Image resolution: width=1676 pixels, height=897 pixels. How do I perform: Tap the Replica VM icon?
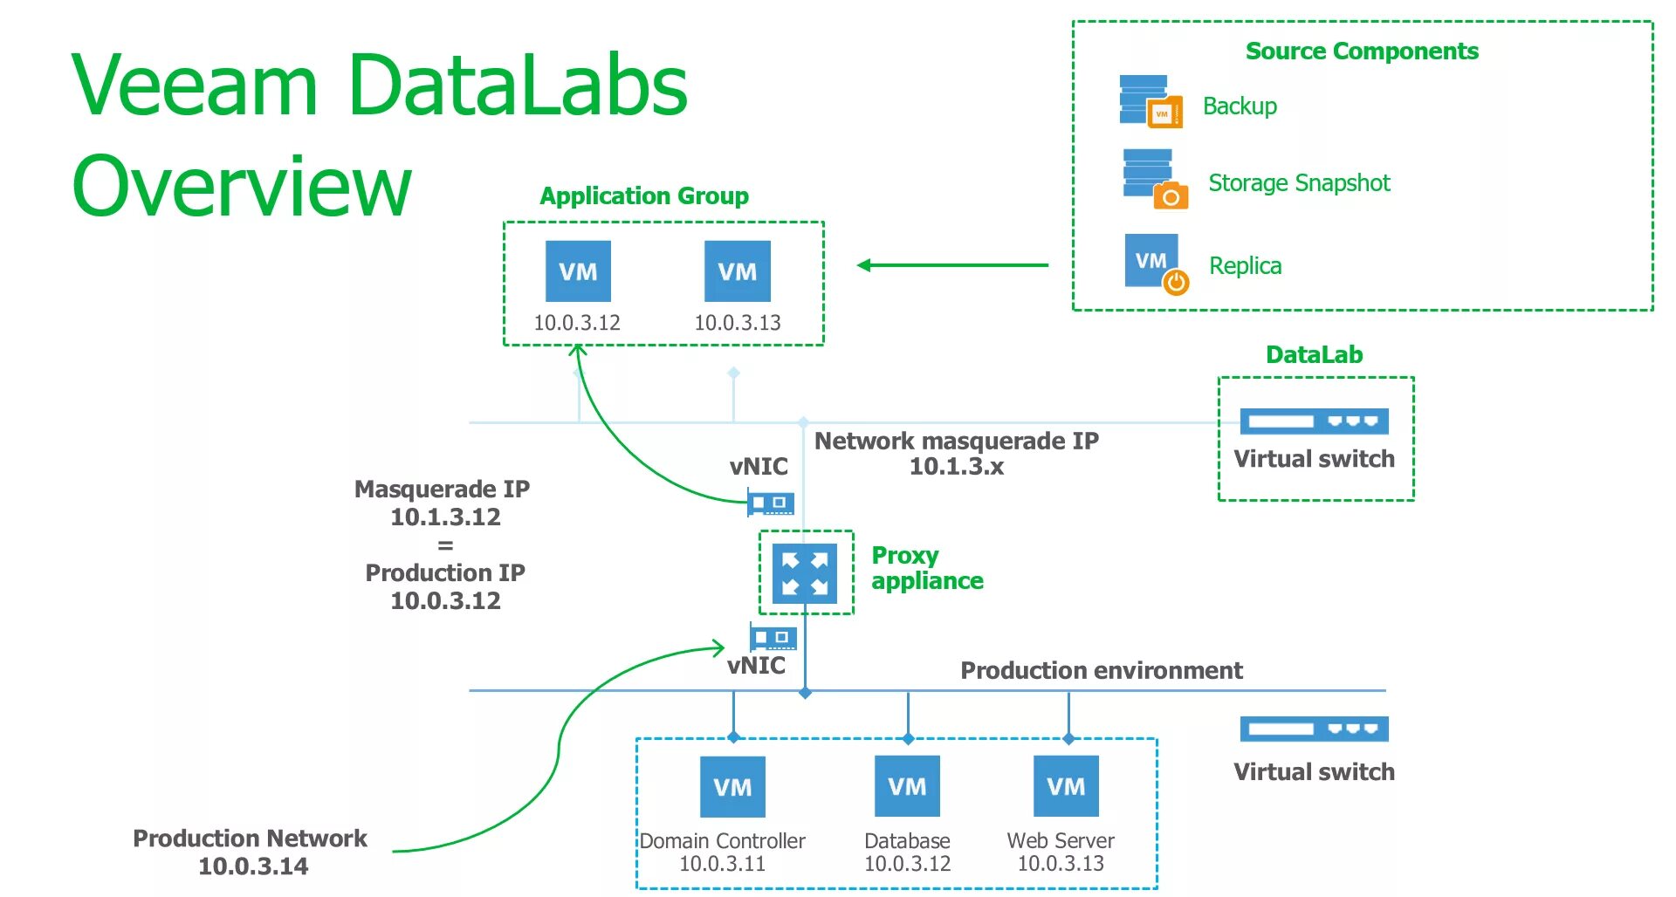(x=1155, y=264)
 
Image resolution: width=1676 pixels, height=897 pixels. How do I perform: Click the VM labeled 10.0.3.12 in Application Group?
(x=578, y=271)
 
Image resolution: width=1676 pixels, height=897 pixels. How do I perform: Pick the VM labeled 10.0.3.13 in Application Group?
(x=738, y=271)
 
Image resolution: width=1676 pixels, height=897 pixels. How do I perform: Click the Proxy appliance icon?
(x=805, y=573)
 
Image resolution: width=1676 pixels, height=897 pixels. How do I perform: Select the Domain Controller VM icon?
(x=732, y=786)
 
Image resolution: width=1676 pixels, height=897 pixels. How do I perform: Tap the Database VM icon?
(x=907, y=786)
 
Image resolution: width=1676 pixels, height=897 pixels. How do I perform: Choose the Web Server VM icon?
(x=1066, y=786)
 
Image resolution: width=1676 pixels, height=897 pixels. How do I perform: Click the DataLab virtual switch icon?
(x=1314, y=421)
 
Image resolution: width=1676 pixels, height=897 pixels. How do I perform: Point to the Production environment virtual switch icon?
(x=1314, y=729)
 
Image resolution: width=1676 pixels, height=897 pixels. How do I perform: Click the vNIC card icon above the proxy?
(x=771, y=503)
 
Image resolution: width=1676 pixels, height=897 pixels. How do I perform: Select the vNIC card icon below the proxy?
(x=773, y=637)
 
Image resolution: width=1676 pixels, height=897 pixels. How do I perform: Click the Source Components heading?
(x=1362, y=51)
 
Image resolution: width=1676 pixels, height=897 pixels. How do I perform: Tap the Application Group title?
(x=644, y=196)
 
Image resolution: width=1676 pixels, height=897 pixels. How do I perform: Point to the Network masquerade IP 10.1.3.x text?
(x=957, y=454)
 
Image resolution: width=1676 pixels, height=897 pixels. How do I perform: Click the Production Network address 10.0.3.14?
(x=253, y=866)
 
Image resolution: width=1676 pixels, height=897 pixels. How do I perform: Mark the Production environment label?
(x=1102, y=670)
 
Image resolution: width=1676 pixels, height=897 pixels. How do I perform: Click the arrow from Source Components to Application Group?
(x=951, y=265)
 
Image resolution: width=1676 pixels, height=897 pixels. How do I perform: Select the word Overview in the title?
(x=241, y=186)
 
